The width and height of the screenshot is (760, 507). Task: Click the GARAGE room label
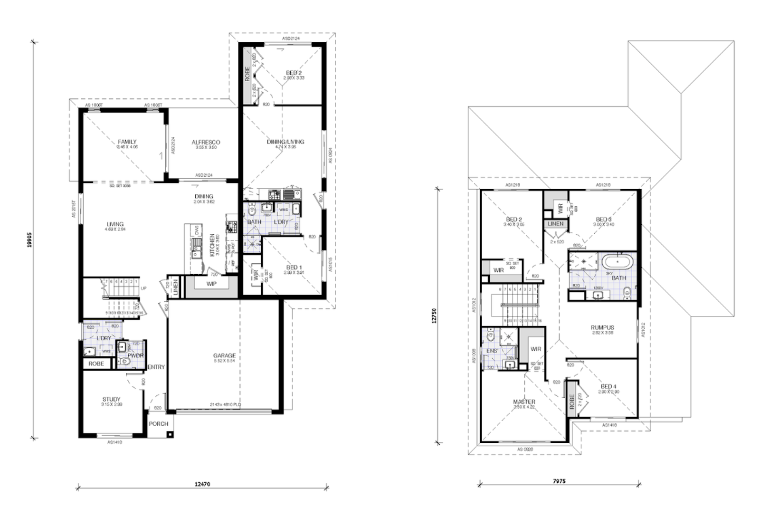click(224, 355)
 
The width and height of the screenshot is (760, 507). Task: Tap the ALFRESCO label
click(206, 142)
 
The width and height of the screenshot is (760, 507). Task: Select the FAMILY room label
click(127, 142)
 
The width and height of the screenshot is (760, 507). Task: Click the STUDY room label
click(111, 399)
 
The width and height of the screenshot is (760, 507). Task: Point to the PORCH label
click(159, 424)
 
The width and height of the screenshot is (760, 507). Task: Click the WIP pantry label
click(211, 284)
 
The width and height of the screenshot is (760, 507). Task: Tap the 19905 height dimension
click(29, 240)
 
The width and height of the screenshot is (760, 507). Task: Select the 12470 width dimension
click(202, 484)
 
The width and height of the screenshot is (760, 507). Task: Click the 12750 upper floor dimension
click(434, 316)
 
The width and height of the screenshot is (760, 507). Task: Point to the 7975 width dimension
click(559, 481)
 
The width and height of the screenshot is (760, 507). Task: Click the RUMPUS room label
click(602, 327)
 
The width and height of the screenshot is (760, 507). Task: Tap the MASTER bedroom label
click(524, 402)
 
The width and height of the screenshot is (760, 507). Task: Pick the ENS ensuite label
click(492, 351)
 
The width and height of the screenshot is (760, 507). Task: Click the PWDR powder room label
click(135, 355)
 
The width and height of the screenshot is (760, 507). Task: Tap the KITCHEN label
click(212, 245)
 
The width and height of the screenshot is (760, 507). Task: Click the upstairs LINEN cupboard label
click(555, 223)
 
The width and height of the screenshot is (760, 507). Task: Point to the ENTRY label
click(156, 367)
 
